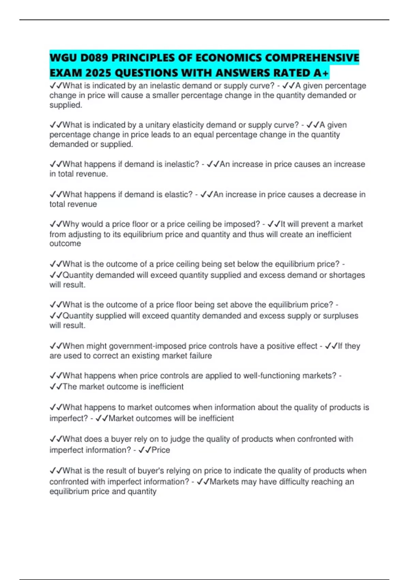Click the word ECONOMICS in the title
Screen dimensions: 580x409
point(228,58)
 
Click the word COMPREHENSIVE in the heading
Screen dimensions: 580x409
point(312,58)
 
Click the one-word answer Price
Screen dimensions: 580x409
point(161,450)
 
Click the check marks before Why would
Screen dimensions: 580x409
point(56,224)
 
